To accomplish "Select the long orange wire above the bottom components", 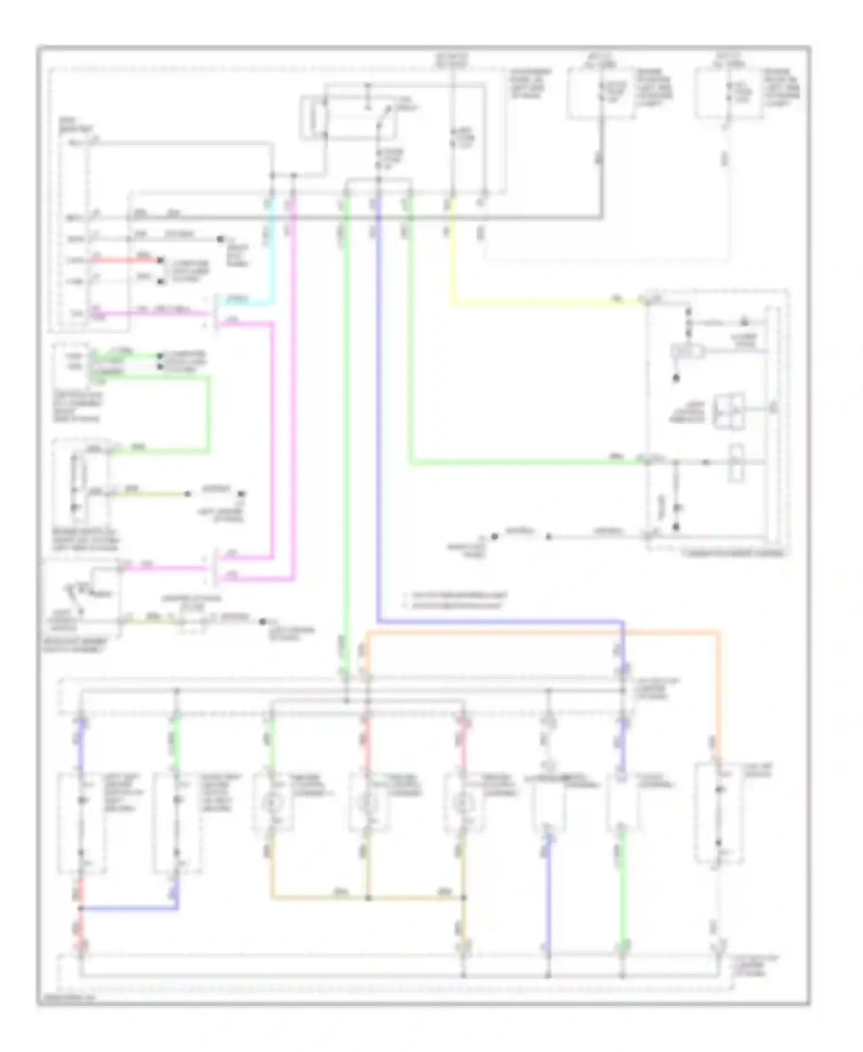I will point(541,633).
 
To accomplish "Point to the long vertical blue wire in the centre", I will point(378,403).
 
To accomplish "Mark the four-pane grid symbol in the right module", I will point(729,411).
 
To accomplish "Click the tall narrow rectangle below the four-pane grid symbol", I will point(736,462).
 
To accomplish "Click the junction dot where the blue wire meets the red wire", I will point(81,909).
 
